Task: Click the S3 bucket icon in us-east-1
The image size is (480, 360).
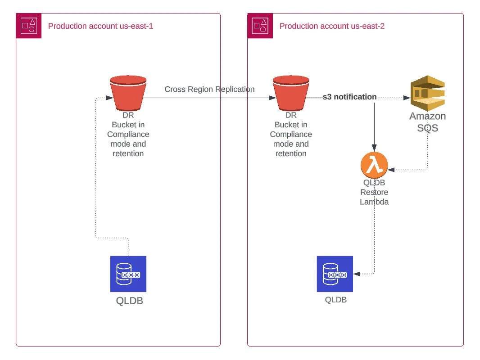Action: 128,93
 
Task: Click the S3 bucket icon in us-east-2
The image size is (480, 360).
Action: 291,93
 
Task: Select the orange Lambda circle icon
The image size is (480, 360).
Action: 374,166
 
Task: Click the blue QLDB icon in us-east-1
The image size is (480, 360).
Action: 128,274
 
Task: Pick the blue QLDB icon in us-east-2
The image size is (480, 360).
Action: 335,274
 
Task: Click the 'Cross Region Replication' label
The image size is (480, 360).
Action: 209,89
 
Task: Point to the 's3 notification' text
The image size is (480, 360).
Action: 349,97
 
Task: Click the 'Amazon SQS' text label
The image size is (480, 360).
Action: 427,122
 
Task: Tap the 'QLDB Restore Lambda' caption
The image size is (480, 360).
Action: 374,192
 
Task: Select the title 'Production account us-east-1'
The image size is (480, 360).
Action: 100,26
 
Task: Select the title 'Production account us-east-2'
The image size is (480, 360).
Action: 332,26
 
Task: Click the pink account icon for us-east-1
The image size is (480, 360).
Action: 32,26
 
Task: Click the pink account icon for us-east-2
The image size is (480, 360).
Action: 263,26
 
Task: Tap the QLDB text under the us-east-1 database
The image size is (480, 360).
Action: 130,301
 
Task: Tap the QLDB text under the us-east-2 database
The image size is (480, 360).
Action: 336,299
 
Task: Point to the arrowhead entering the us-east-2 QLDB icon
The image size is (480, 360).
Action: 356,274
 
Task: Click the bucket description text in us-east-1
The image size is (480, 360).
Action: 128,134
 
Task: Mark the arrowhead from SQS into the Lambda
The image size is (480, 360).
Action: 391,170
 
